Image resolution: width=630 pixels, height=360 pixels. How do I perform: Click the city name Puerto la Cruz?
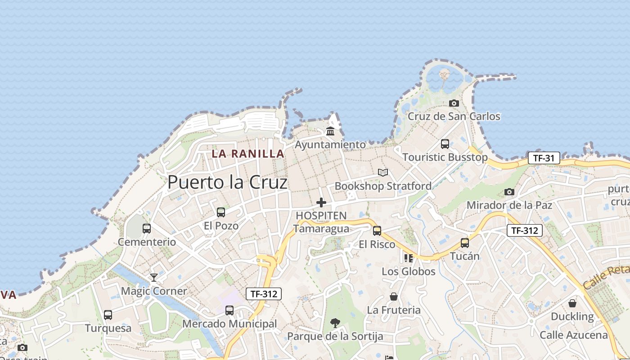click(227, 182)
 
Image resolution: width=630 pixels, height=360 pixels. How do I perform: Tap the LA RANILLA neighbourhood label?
click(248, 153)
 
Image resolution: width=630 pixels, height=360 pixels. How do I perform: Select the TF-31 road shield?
click(544, 158)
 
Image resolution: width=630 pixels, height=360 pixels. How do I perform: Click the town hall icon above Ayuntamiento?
click(330, 131)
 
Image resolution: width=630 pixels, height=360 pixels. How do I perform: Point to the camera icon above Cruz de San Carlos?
click(454, 103)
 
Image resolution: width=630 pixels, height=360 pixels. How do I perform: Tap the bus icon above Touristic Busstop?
click(445, 144)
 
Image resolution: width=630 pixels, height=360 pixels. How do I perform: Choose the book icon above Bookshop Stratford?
click(383, 172)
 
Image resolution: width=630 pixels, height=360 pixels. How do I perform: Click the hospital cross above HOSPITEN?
click(321, 202)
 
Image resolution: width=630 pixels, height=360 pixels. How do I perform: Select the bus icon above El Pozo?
click(220, 212)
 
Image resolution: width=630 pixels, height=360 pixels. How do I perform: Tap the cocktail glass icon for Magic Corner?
click(153, 277)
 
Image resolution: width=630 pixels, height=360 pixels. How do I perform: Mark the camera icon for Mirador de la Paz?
click(509, 192)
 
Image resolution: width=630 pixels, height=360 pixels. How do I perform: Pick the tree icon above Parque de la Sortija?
click(335, 323)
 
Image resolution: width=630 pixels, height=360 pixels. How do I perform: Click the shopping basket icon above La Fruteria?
click(394, 297)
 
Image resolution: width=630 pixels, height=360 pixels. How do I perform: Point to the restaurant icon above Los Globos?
click(408, 258)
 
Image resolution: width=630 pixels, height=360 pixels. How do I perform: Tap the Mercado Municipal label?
click(229, 324)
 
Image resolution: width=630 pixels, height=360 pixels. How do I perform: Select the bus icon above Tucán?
click(464, 243)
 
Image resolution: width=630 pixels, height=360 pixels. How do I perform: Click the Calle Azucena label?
click(573, 335)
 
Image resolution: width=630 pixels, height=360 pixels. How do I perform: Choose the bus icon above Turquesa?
click(108, 315)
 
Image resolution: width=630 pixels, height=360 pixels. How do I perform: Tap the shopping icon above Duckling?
click(572, 303)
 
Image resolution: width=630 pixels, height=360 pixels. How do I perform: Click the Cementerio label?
click(147, 242)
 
